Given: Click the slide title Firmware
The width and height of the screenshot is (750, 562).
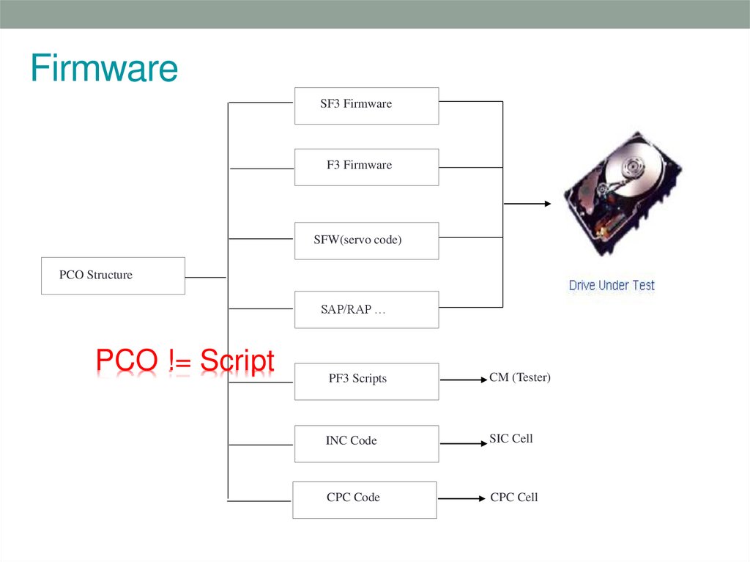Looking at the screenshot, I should [104, 69].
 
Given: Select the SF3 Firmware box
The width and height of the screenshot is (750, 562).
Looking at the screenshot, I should [366, 106].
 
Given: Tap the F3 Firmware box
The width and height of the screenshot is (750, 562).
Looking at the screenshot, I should [366, 167].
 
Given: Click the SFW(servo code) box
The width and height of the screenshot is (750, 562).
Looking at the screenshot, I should [366, 240].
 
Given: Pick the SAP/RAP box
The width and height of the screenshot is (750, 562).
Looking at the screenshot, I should [366, 309].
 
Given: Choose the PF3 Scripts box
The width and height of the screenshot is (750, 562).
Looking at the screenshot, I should [366, 381].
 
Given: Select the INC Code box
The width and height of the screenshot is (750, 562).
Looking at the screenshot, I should [366, 443].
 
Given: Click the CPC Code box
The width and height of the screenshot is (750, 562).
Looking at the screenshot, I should [364, 500].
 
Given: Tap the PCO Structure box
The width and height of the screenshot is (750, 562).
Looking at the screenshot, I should [113, 276].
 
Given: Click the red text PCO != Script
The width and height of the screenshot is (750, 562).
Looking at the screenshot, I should [185, 361].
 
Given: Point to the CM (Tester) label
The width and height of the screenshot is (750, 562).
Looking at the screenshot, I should [520, 377].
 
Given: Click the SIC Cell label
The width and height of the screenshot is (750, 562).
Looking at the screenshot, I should [511, 438].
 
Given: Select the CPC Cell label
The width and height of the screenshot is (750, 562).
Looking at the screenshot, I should [514, 497].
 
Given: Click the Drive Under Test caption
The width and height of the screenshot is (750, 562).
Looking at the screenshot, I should [612, 285].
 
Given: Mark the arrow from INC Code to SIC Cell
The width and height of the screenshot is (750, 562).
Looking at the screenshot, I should [463, 443].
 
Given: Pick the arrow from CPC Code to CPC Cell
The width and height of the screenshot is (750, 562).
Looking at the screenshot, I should [461, 499].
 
